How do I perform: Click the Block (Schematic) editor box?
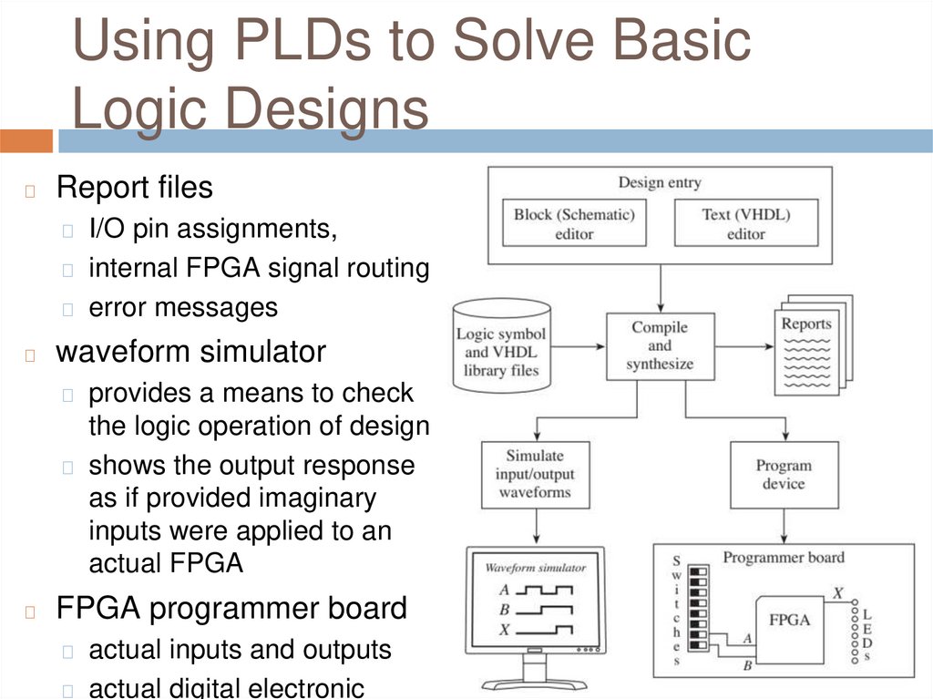(x=574, y=223)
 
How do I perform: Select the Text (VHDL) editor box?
(x=745, y=223)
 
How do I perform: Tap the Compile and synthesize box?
(x=660, y=346)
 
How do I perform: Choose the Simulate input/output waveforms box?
(x=535, y=474)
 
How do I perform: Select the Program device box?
(x=783, y=475)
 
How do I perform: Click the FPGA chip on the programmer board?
(x=790, y=621)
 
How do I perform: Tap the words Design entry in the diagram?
(x=660, y=182)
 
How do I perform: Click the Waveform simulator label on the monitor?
(x=535, y=568)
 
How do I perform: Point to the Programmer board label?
(x=784, y=557)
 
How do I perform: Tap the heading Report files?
(x=135, y=188)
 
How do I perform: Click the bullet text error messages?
(x=182, y=307)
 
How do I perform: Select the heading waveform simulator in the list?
(x=190, y=352)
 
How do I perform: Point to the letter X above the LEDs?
(x=837, y=593)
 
